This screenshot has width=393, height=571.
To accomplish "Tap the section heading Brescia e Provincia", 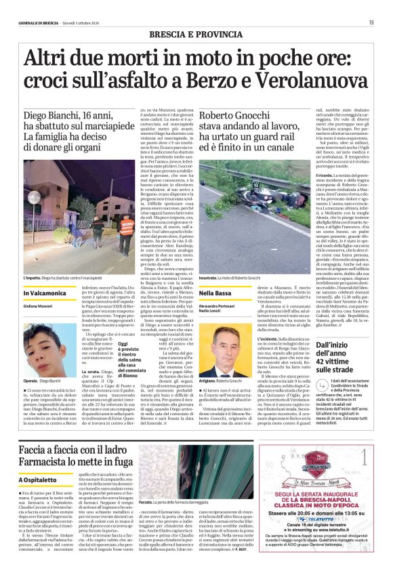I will coord(196,33).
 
